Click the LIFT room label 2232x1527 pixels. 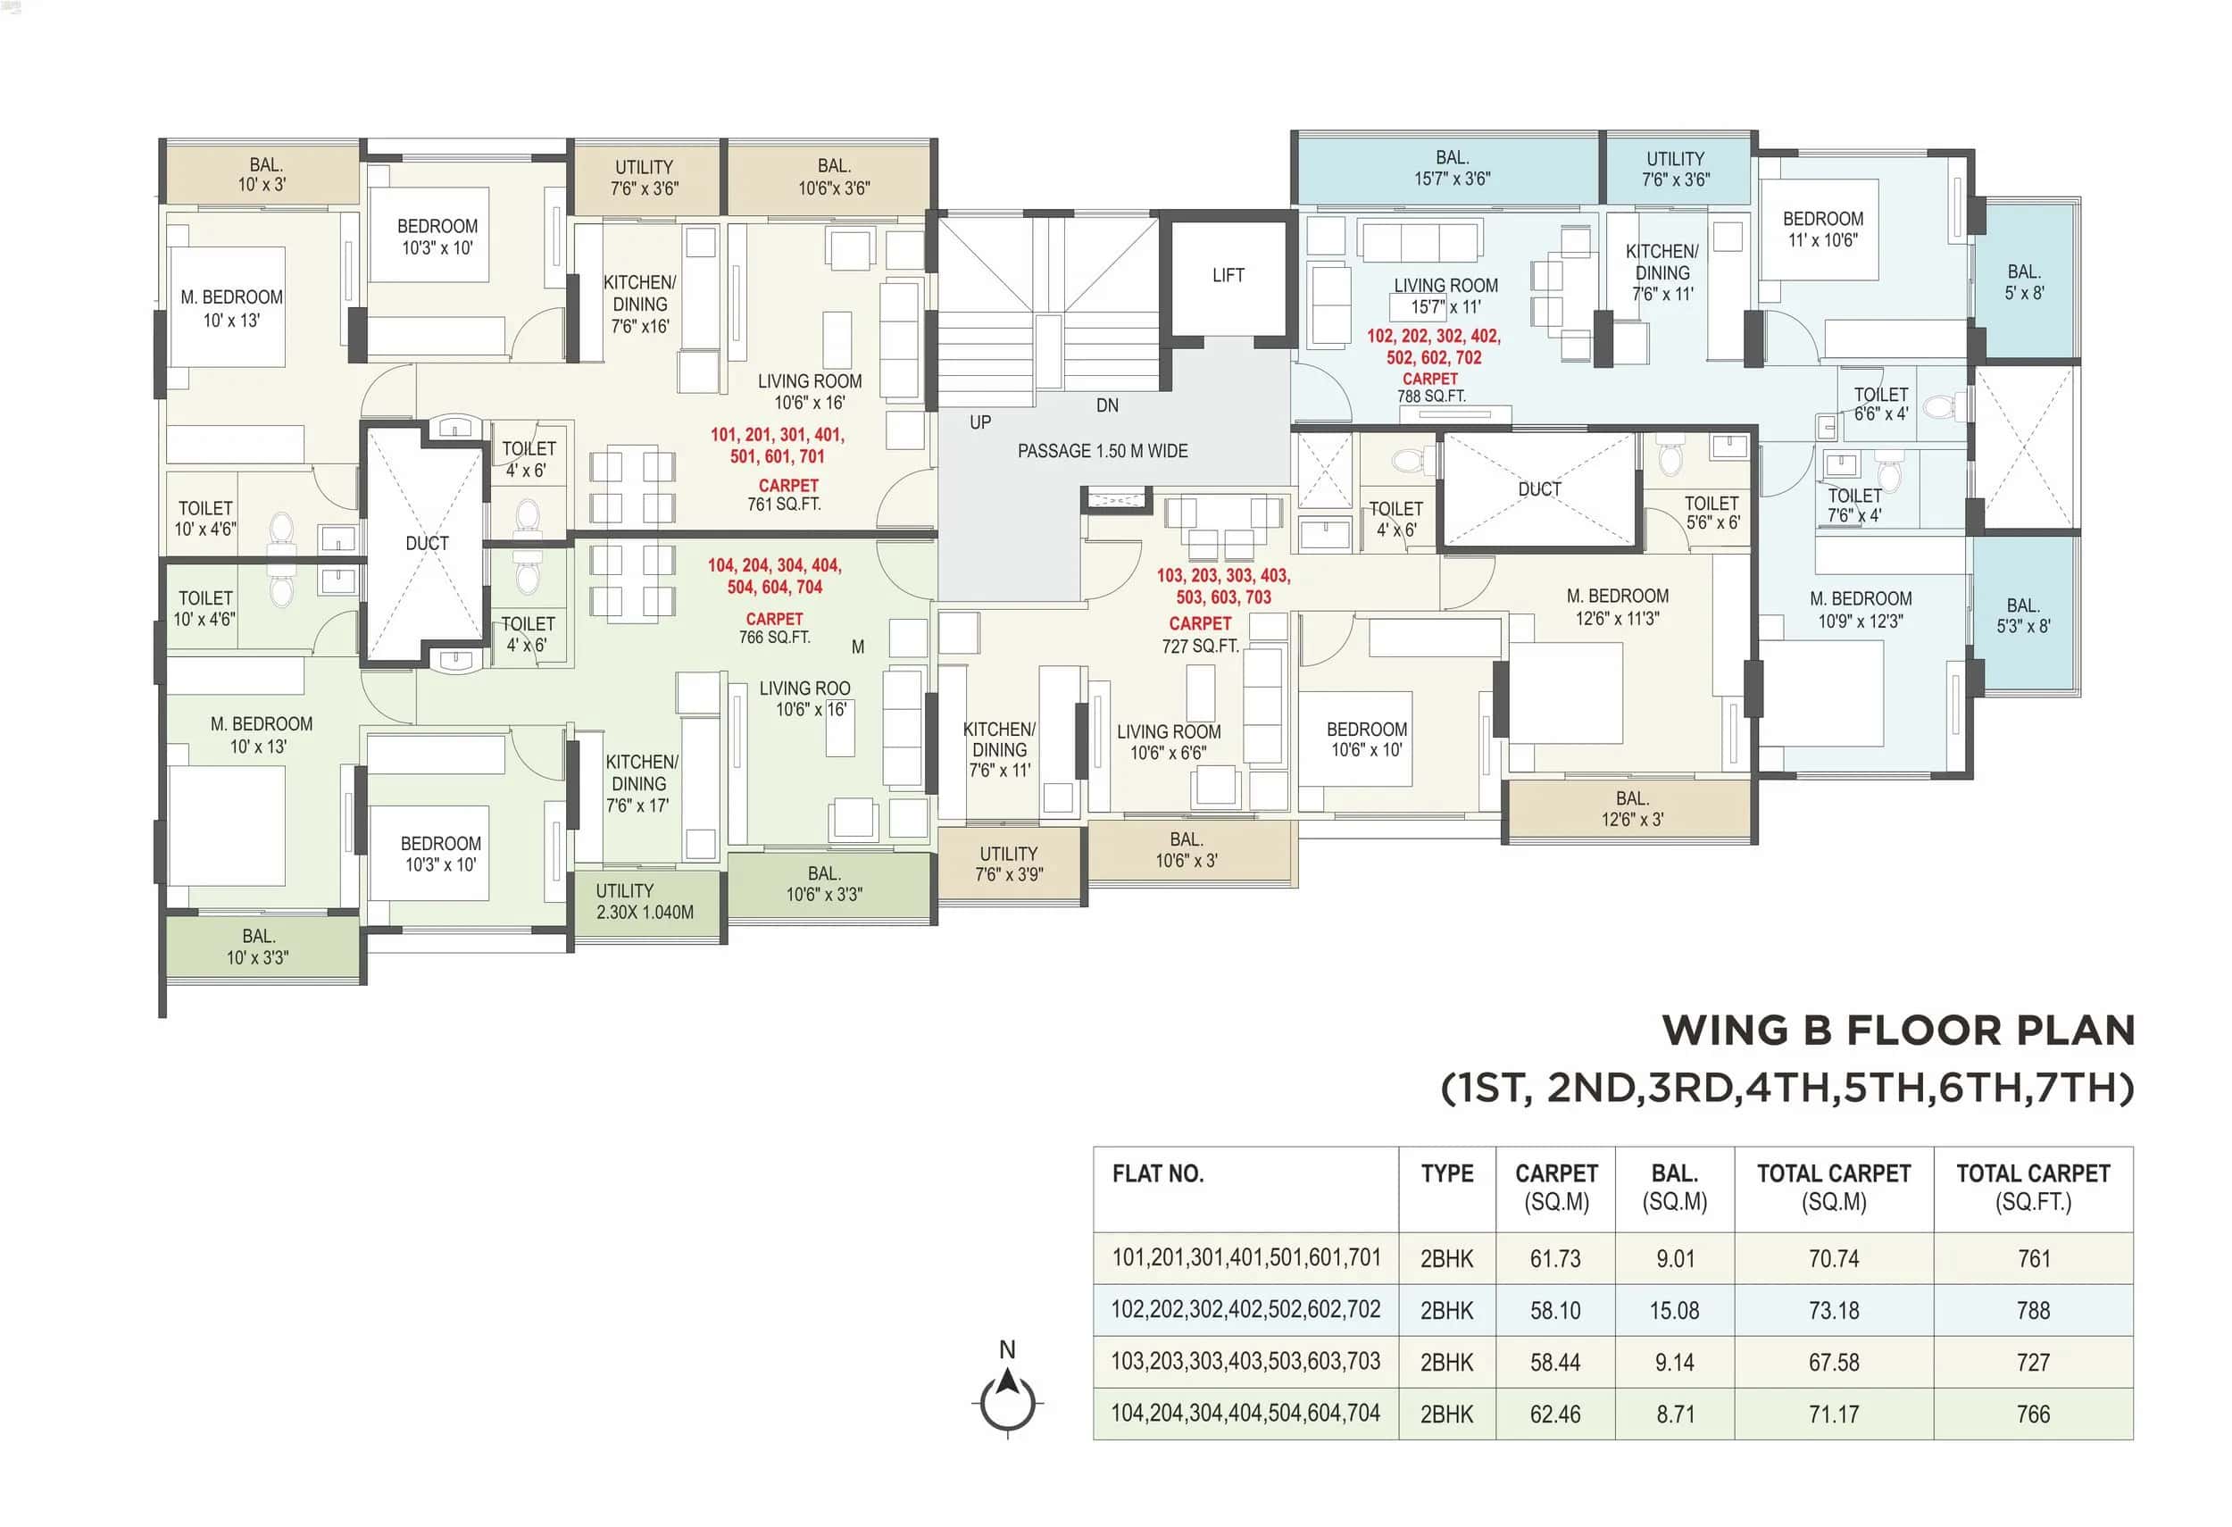click(1228, 276)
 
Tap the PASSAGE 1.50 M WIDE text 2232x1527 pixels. click(1102, 451)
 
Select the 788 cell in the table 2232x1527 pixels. click(2032, 1311)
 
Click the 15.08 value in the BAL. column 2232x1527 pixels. click(1674, 1311)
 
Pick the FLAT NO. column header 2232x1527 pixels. click(1157, 1173)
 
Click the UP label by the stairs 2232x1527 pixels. click(979, 422)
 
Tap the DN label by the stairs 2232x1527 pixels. click(1106, 406)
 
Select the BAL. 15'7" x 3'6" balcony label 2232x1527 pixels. click(1451, 168)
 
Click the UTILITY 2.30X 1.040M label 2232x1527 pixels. click(644, 902)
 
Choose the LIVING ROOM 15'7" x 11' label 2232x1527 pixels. click(1445, 296)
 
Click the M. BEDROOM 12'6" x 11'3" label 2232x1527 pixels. click(1618, 607)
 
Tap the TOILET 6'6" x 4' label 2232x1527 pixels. click(1879, 405)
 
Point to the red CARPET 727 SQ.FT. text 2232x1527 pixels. click(1200, 635)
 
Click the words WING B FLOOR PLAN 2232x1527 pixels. click(1898, 1031)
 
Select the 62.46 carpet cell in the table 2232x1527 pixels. click(1554, 1414)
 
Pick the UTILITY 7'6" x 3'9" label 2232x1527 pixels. click(1009, 864)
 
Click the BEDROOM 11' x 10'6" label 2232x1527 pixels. click(1822, 229)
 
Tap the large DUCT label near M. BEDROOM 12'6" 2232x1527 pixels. click(1538, 489)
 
